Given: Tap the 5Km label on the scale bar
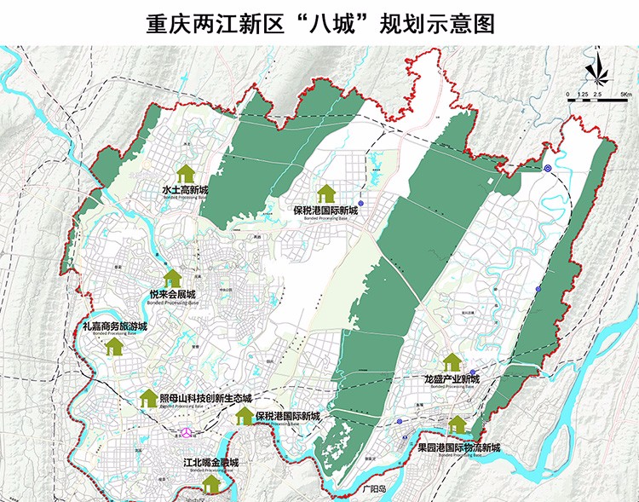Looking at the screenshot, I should click(x=625, y=92).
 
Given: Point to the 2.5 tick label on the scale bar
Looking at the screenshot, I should click(x=597, y=92).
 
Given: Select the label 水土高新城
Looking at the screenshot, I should click(x=184, y=189).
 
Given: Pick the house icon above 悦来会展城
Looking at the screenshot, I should click(x=173, y=277).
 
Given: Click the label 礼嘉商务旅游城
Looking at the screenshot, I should click(x=114, y=326).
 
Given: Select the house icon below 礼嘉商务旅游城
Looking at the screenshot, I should click(x=114, y=346).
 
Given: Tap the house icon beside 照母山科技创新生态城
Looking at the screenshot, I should click(x=146, y=399).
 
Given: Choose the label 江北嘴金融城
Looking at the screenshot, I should click(x=210, y=464).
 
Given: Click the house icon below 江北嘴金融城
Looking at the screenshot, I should click(x=210, y=482).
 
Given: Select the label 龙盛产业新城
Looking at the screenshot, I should click(x=452, y=378).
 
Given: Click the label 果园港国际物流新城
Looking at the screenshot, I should click(x=458, y=447).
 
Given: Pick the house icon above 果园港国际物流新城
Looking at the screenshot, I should click(x=458, y=424).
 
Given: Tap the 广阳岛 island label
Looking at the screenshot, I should click(x=371, y=490).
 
